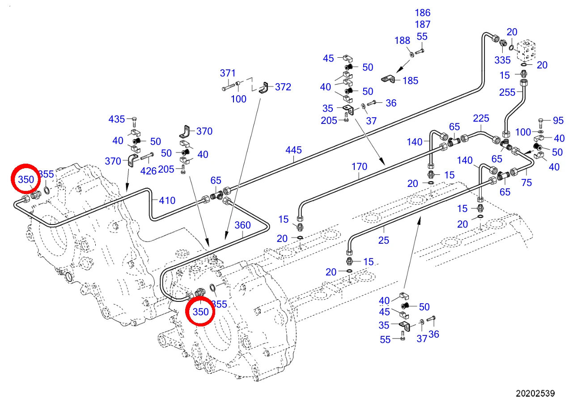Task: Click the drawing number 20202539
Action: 535,393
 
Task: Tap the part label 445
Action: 293,150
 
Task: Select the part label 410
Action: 167,200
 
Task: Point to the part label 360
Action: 242,225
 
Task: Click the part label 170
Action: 359,167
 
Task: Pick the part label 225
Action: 481,118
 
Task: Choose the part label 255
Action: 507,92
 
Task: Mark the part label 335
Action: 502,60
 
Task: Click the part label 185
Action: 410,80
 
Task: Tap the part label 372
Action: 283,87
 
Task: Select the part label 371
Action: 228,73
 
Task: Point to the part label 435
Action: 116,119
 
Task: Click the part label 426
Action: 148,171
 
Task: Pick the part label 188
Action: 403,40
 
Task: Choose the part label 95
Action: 558,120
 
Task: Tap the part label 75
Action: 526,182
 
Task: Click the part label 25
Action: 384,240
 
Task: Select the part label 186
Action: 422,13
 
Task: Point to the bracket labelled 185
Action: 388,79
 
